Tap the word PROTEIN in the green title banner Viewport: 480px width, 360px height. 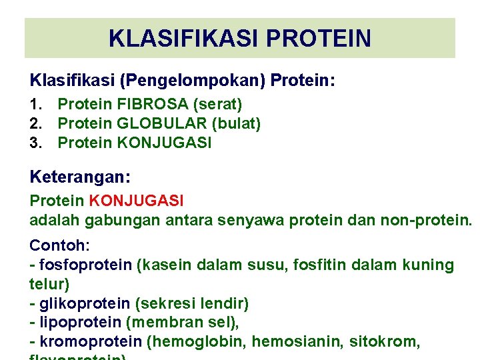(318, 38)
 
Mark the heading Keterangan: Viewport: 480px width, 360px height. (80, 177)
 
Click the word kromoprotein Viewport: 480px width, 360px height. (91, 343)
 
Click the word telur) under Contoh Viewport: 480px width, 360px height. (49, 285)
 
